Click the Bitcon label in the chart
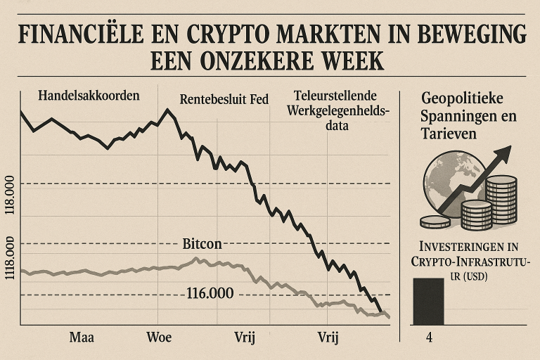click(x=202, y=245)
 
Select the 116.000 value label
click(x=210, y=294)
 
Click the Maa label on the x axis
click(x=82, y=336)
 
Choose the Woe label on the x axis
click(x=159, y=336)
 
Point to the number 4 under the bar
click(x=428, y=336)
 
